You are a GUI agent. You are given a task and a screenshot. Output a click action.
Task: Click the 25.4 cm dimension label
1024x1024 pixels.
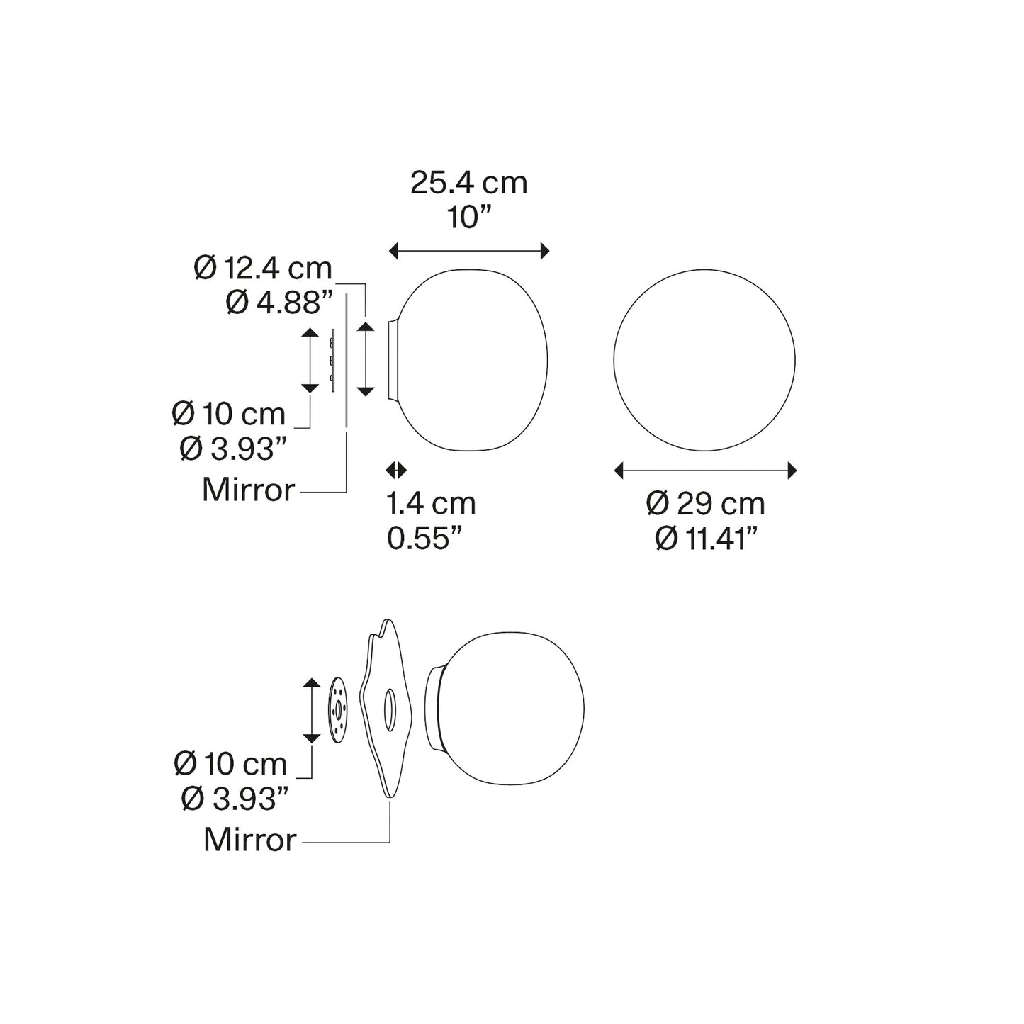[x=468, y=184]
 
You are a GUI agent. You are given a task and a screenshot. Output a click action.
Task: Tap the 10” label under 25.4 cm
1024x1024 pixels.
[x=468, y=218]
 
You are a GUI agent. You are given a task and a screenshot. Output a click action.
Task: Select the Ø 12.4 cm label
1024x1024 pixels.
[x=263, y=268]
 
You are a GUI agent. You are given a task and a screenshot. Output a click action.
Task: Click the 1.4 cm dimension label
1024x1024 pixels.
[x=431, y=503]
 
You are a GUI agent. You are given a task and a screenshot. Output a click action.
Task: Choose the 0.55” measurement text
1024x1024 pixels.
[x=424, y=539]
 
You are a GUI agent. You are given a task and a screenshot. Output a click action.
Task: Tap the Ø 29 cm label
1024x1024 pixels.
[x=705, y=503]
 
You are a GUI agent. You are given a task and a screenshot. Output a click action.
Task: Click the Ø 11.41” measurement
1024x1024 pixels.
[x=706, y=539]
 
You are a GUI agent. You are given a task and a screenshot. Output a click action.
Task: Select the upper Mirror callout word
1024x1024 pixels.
[x=248, y=490]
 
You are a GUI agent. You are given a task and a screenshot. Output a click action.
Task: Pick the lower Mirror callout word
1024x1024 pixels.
[x=249, y=840]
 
